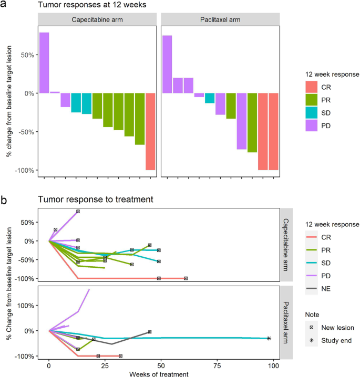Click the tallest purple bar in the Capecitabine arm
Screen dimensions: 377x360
[44, 62]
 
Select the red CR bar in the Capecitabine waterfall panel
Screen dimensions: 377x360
[150, 131]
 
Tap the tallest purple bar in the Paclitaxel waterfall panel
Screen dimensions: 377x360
[167, 64]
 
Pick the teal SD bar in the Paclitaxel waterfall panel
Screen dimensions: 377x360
[210, 98]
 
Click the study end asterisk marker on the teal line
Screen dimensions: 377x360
[269, 339]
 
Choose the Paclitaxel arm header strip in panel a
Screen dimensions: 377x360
[221, 20]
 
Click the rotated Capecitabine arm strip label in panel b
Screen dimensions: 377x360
[286, 245]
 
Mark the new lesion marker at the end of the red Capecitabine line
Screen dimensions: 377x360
[186, 278]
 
